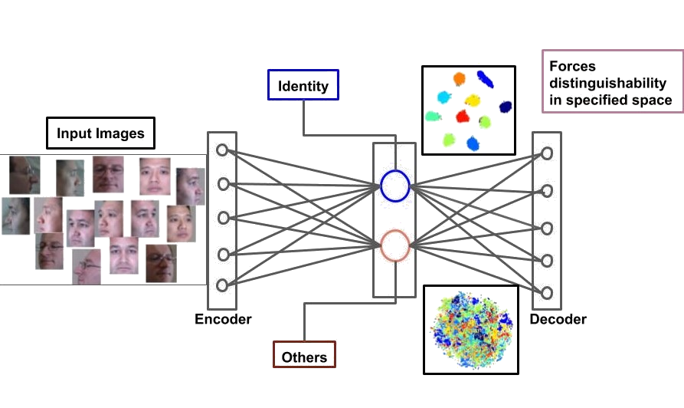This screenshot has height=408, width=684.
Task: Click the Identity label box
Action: (303, 85)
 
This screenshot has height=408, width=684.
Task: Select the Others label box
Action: (304, 357)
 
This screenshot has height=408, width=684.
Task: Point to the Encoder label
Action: (223, 319)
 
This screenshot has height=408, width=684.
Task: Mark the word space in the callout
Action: (655, 100)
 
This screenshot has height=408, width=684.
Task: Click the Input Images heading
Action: (101, 133)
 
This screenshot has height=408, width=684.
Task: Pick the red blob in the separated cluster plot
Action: (463, 116)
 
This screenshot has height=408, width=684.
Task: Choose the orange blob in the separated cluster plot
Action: (459, 78)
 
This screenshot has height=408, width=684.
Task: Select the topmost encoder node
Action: (222, 150)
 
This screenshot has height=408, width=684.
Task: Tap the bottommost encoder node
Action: (222, 285)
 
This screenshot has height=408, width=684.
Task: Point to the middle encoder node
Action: (222, 218)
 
